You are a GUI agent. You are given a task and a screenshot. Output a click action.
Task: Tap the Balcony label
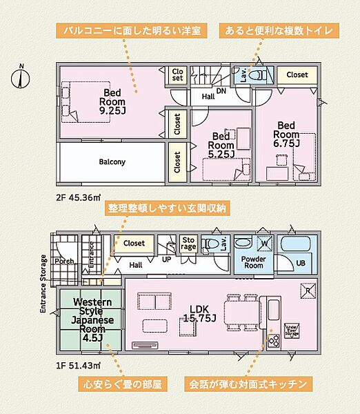112,162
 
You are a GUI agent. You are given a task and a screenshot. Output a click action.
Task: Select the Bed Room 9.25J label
112,101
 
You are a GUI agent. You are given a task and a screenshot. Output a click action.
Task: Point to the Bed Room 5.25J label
222,146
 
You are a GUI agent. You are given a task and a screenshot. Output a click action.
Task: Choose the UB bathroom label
301,263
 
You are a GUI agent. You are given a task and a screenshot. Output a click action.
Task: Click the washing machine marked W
262,243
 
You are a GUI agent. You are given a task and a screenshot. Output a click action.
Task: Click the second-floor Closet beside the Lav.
297,75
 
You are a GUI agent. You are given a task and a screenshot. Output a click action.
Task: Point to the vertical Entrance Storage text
43,284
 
